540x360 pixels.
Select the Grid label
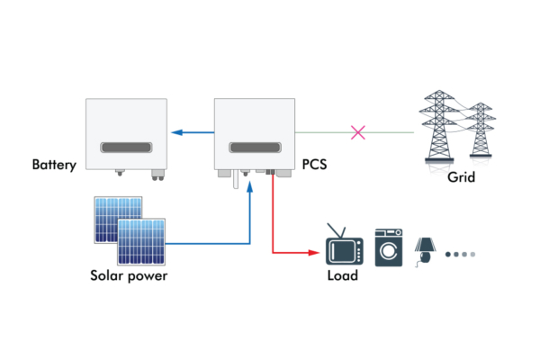tap(461, 178)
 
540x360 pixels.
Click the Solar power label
tap(128, 275)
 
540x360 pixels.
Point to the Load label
tap(342, 275)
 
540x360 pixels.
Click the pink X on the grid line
tap(357, 133)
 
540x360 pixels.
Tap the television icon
tap(344, 247)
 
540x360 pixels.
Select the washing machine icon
tap(389, 246)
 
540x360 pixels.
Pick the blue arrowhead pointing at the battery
tap(178, 133)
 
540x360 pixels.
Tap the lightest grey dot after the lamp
tap(472, 255)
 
